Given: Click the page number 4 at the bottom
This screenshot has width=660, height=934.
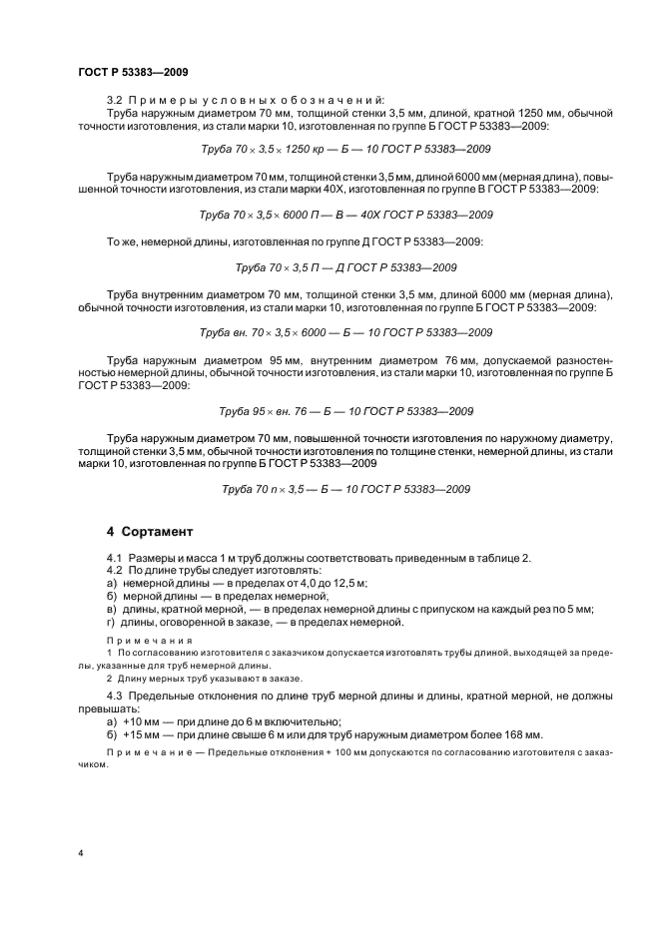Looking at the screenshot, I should pyautogui.click(x=81, y=854).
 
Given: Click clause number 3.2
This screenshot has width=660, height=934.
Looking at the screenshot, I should pyautogui.click(x=115, y=98).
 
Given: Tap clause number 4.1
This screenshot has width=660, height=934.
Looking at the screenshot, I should pyautogui.click(x=115, y=556).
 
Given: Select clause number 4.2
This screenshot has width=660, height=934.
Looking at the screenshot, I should pyautogui.click(x=115, y=569).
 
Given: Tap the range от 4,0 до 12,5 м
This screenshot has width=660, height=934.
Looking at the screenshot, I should pyautogui.click(x=313, y=582).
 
